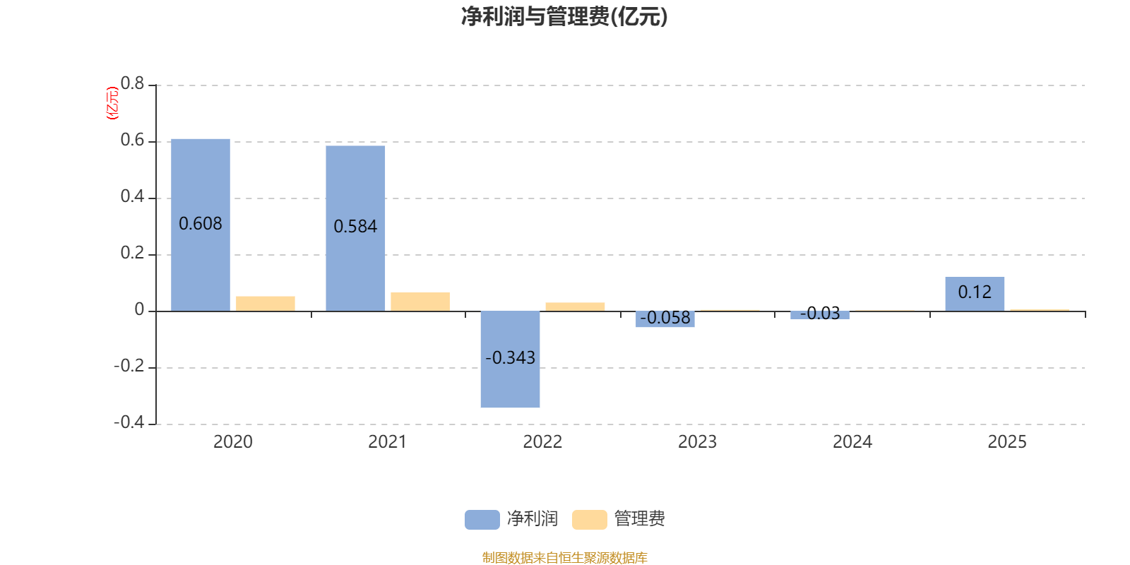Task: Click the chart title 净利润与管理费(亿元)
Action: (564, 16)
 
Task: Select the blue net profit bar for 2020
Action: (201, 225)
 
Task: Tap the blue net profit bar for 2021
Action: (355, 229)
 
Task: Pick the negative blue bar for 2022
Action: (510, 359)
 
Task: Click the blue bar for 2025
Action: (975, 294)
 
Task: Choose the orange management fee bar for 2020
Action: (266, 304)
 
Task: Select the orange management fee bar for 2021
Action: (420, 302)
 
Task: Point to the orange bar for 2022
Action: (575, 307)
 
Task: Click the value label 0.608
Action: (201, 223)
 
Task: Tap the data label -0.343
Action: (510, 357)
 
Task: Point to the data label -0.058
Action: (665, 317)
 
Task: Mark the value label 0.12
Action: (975, 292)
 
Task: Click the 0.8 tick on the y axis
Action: (132, 83)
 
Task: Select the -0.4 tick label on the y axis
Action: (129, 422)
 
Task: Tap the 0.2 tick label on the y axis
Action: (132, 253)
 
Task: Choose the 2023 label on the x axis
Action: (697, 442)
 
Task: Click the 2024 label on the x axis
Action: (852, 442)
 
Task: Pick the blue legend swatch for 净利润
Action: (482, 520)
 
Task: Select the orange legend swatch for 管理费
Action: (589, 520)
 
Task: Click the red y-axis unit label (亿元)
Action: (112, 103)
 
